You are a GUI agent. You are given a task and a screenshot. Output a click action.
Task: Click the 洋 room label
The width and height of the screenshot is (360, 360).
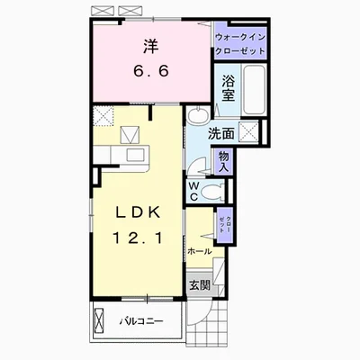tap(151, 46)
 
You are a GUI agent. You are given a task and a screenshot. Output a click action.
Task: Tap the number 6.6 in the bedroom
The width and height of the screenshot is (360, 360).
tap(151, 71)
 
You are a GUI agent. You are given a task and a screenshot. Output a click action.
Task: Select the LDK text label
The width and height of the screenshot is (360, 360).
tap(139, 213)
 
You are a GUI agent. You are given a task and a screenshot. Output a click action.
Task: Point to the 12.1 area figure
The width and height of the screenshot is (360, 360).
tap(139, 238)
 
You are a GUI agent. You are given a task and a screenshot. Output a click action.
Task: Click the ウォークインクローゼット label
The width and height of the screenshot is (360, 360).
tap(240, 44)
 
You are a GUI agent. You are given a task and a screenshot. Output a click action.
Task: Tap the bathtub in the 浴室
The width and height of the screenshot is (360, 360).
tap(254, 89)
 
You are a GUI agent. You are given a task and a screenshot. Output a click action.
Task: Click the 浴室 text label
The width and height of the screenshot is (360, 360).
tap(228, 88)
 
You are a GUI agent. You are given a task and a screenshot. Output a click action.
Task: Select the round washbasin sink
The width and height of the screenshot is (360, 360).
tap(198, 115)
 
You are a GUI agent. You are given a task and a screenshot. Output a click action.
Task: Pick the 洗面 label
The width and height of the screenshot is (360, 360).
tap(221, 134)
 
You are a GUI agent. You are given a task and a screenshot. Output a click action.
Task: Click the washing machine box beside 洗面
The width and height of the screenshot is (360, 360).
tap(248, 131)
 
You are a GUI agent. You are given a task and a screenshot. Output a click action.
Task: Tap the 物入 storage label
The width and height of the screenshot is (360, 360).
tap(224, 162)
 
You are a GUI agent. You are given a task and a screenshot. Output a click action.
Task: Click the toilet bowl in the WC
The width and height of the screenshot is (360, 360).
tap(212, 192)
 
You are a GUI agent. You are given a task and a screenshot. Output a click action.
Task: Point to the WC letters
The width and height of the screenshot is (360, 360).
tap(193, 192)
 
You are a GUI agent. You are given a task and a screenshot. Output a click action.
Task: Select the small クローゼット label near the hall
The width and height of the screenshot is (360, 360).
tap(225, 224)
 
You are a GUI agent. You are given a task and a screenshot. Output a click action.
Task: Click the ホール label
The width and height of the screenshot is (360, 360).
tap(199, 251)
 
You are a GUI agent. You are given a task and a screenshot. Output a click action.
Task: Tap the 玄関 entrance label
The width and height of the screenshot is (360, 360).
tap(199, 285)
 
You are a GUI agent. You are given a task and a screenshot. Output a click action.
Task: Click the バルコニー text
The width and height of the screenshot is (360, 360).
tap(142, 321)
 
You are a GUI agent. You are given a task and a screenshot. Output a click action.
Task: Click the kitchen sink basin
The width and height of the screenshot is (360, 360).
tap(135, 155)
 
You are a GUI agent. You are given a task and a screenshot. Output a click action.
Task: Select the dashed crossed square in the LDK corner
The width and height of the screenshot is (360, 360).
tap(103, 116)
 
